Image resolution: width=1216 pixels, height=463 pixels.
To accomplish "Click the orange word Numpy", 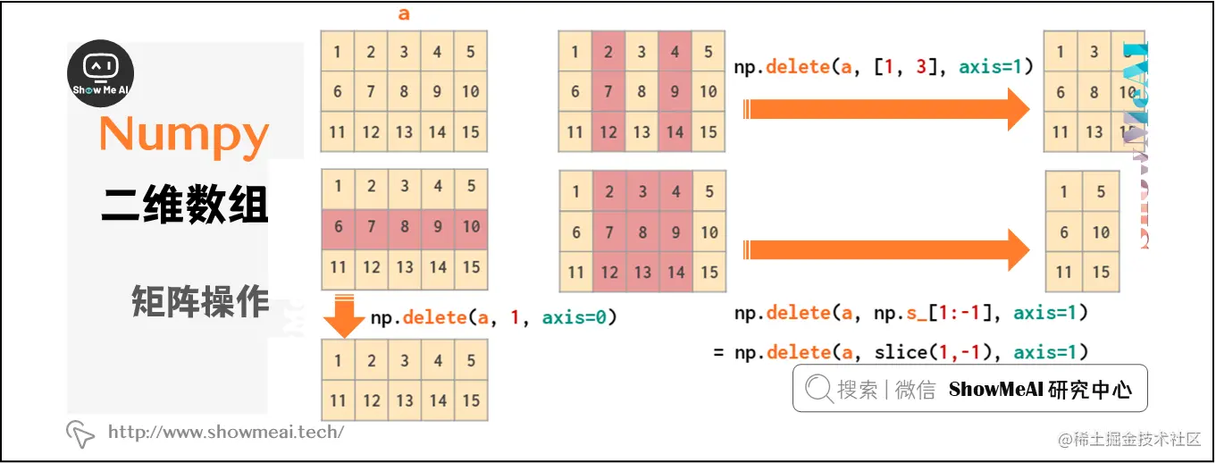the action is click(x=184, y=135).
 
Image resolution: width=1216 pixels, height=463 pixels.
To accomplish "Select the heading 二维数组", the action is click(x=184, y=204).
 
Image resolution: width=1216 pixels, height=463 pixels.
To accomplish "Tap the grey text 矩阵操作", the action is click(x=200, y=301).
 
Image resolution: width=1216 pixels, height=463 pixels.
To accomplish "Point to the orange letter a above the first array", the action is click(x=404, y=14).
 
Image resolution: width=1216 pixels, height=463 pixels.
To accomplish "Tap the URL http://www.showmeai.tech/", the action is click(x=226, y=433).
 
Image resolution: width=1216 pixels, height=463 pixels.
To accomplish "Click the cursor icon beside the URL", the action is click(x=80, y=434).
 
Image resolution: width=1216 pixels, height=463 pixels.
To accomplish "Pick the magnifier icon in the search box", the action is click(x=818, y=390).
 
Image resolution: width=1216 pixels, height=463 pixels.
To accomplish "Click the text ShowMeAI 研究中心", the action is click(x=1040, y=390).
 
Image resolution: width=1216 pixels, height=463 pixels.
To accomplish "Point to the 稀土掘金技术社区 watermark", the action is click(x=1129, y=439).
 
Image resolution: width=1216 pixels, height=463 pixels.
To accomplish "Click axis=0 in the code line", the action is click(x=580, y=317).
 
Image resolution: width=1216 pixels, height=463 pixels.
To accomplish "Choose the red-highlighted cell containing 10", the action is click(x=471, y=227).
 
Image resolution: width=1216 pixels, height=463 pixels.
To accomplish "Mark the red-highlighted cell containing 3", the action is click(x=642, y=191).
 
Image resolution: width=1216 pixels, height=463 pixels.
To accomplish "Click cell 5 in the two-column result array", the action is click(x=1101, y=191).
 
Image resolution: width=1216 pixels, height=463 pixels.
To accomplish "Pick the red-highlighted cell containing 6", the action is click(x=338, y=227).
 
